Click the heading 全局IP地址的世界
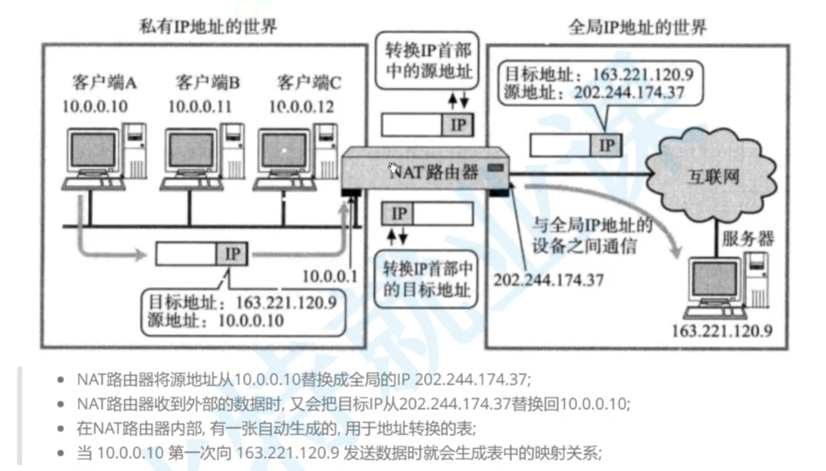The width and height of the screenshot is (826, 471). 638,26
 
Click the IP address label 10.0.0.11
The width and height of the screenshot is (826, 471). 201,107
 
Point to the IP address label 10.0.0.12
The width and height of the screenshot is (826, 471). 302,107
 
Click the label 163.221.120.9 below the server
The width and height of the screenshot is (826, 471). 722,332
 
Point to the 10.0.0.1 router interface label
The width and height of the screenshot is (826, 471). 329,276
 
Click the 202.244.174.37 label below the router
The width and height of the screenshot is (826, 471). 549,280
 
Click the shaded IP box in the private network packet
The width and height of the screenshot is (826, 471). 232,254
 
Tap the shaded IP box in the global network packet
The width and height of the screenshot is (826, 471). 605,145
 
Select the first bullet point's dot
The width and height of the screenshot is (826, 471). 61,380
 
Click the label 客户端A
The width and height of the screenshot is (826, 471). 104,83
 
